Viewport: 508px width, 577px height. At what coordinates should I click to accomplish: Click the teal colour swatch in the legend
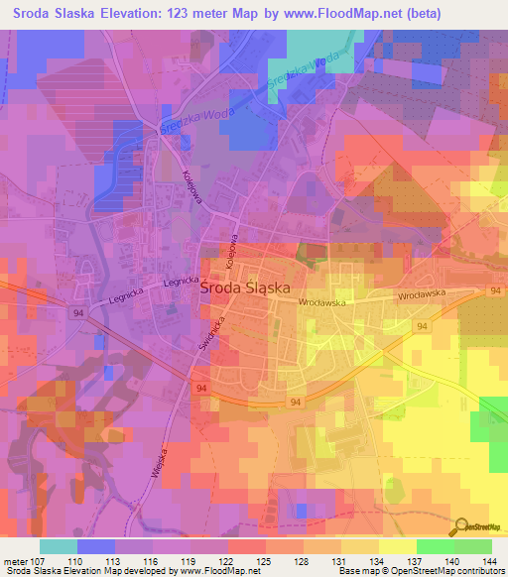pyautogui.click(x=59, y=546)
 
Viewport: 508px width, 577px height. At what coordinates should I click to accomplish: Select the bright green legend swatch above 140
pyautogui.click(x=435, y=546)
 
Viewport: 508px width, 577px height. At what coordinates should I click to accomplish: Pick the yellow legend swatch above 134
pyautogui.click(x=360, y=546)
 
